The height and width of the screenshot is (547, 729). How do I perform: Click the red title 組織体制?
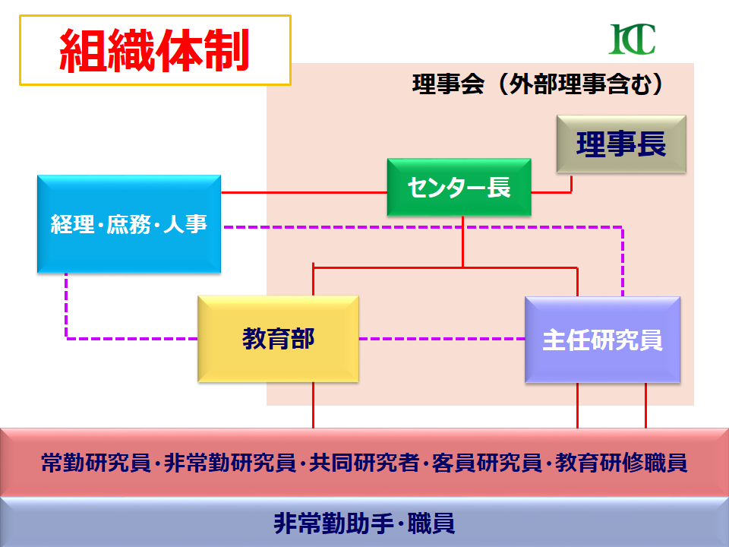pos(154,51)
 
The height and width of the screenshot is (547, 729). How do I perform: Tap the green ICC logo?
pos(632,39)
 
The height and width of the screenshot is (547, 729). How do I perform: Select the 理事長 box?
pos(621,144)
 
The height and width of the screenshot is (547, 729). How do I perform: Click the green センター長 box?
pos(459,187)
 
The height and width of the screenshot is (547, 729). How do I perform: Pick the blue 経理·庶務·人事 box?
pos(129,224)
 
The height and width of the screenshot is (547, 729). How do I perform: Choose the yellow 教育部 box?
pos(278,339)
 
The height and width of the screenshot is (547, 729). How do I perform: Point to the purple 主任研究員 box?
pos(602,340)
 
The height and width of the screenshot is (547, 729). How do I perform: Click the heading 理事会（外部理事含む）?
pos(538,84)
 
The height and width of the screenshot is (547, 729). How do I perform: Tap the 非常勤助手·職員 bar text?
pos(364,523)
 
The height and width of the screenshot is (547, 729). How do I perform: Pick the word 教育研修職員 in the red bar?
pos(621,463)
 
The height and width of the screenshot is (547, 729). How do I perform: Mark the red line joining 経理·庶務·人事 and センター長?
pos(304,191)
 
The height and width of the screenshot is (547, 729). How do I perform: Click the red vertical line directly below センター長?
pos(463,242)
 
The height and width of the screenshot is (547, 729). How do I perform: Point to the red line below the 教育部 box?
pos(314,406)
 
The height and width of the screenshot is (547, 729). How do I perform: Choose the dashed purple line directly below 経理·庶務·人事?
pos(67,304)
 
